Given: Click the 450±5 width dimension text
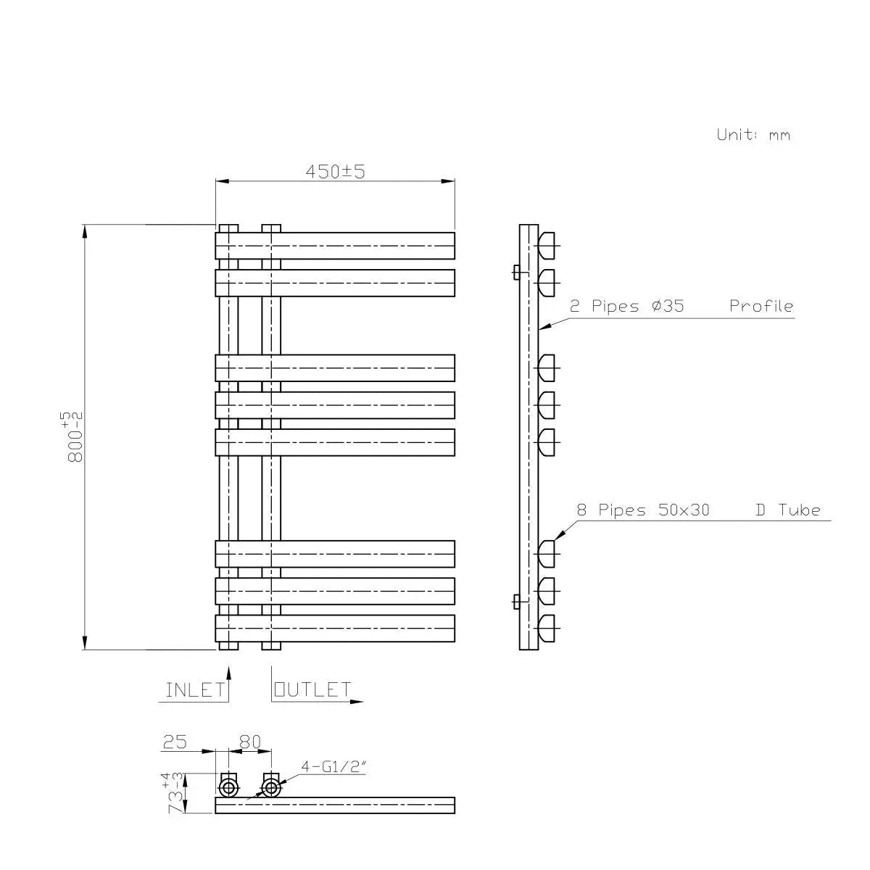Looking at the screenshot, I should click(334, 172).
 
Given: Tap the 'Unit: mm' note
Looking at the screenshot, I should click(753, 135).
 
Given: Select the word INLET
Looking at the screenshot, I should click(195, 689).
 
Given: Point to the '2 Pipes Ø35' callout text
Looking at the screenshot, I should click(626, 306).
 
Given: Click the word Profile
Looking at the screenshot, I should click(761, 306).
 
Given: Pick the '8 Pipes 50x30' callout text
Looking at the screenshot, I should click(642, 510).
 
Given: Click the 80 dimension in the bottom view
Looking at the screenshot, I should click(249, 742).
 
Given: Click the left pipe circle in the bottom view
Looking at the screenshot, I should click(228, 787).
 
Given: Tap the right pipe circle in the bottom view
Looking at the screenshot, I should click(270, 787).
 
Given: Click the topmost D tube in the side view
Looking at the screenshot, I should click(547, 244).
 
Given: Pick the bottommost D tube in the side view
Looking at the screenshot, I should click(547, 626).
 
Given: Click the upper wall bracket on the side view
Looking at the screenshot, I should click(515, 272).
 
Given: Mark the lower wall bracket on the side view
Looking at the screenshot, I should click(515, 600).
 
